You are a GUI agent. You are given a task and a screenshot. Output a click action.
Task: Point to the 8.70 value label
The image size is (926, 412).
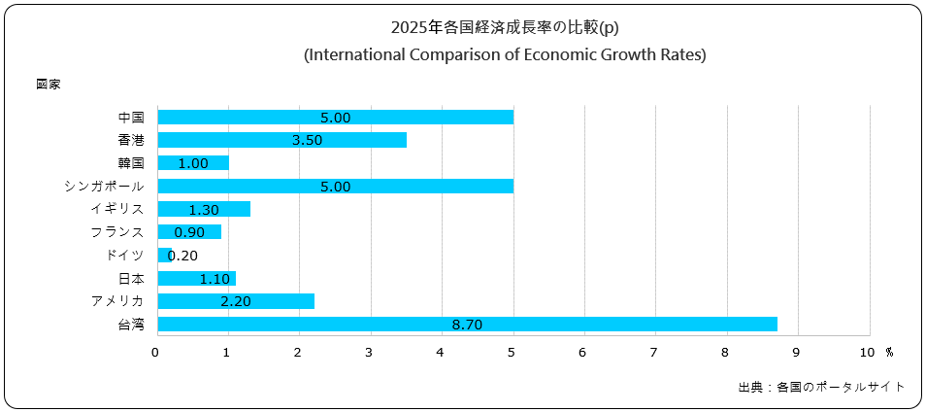(468, 325)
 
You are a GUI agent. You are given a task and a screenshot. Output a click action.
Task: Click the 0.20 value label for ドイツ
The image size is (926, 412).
(183, 256)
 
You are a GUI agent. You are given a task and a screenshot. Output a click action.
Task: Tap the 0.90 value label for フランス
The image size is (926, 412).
(188, 232)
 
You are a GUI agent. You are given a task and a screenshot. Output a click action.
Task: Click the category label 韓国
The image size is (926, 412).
(130, 163)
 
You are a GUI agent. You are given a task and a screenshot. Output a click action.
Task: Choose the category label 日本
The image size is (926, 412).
(130, 279)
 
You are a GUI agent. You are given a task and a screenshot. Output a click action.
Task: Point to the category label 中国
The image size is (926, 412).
(130, 118)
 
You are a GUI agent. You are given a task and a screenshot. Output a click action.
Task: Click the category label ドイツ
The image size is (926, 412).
(124, 256)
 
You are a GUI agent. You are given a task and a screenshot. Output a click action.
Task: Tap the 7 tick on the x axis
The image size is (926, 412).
(655, 351)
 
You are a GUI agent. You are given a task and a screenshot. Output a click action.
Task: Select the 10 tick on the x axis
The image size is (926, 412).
(867, 351)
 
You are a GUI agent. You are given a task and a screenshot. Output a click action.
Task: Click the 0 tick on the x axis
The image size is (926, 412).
(156, 351)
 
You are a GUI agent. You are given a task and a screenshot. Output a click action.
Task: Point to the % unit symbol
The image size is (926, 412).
(888, 351)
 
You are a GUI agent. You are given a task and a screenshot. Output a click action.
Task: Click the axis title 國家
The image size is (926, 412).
(49, 85)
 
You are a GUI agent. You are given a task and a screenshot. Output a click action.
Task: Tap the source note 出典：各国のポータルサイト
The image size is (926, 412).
(821, 387)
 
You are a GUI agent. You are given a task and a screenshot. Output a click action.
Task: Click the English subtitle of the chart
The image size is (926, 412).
(505, 55)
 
